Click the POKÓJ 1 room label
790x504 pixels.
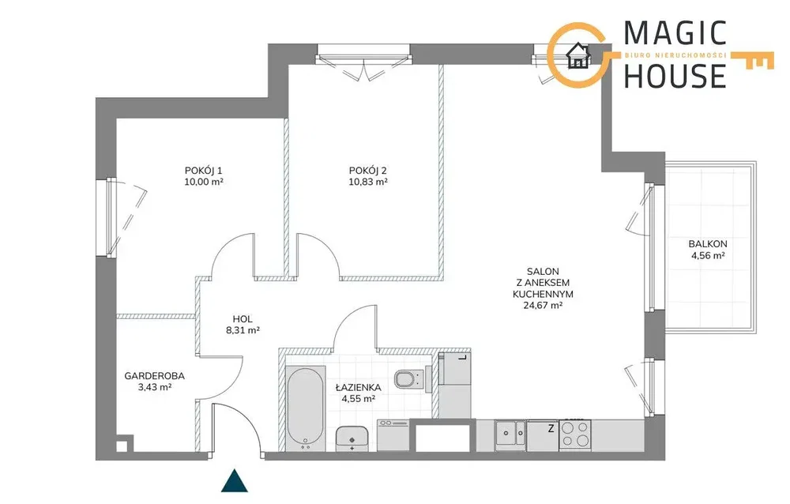pos(204,171)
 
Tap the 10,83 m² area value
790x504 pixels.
pos(368,182)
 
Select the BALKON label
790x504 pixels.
pos(708,244)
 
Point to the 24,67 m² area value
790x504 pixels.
pos(544,305)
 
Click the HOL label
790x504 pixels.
pos(243,319)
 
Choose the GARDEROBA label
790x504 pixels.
pos(155,376)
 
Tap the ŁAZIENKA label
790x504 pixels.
pos(359,387)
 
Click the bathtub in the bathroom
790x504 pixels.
pos(305,409)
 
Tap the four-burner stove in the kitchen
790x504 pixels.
pos(575,434)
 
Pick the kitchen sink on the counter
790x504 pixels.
pos(510,433)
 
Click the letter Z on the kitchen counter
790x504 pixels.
pos(551,428)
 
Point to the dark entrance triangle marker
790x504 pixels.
pos(235,481)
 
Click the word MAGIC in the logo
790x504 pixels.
pos(675,33)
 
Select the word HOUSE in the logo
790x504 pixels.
pos(675,76)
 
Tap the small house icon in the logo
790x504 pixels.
pos(578,55)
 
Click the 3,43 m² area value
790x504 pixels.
pos(155,387)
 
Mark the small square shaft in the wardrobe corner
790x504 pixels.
pos(122,446)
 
